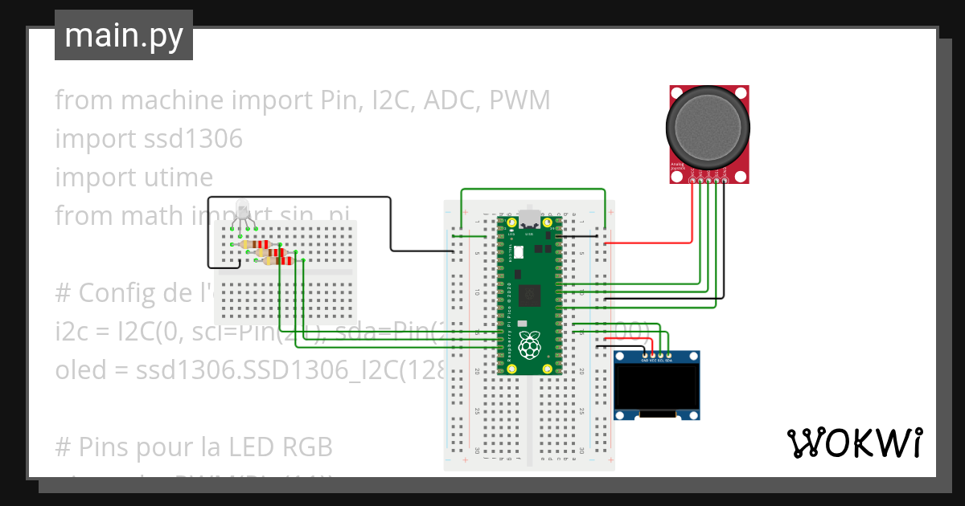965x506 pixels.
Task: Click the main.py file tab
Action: pyautogui.click(x=123, y=35)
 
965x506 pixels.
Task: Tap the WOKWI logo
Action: pyautogui.click(x=854, y=443)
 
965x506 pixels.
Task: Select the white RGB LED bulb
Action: pyautogui.click(x=242, y=209)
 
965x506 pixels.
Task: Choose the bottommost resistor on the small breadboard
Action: pyautogui.click(x=279, y=259)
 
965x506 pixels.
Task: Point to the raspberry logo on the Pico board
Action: pyautogui.click(x=528, y=345)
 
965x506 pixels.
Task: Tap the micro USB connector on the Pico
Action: pyautogui.click(x=528, y=218)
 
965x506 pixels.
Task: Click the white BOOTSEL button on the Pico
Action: pyautogui.click(x=519, y=252)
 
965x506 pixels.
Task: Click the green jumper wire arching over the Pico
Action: pyautogui.click(x=531, y=190)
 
